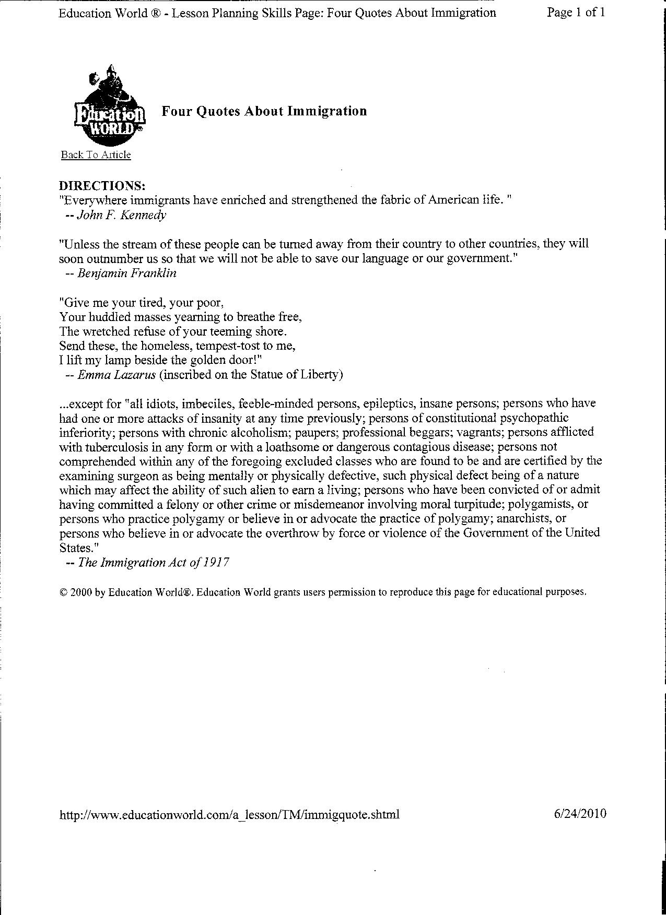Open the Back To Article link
[96, 155]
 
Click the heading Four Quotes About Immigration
[264, 111]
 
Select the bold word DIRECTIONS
[102, 186]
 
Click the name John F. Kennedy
[122, 215]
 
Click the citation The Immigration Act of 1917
[154, 562]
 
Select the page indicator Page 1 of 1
[576, 13]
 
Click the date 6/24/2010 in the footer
[580, 814]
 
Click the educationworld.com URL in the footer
[229, 814]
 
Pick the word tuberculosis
[110, 447]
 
